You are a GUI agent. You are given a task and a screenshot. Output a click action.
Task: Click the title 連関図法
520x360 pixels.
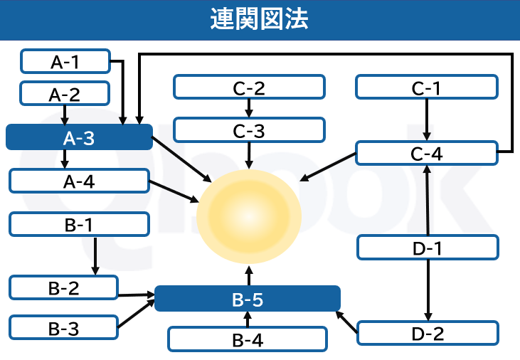pos(260,19)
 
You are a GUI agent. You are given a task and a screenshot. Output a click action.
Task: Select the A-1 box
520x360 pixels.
pos(65,61)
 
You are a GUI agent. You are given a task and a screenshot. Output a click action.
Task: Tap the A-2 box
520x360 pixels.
pos(64,93)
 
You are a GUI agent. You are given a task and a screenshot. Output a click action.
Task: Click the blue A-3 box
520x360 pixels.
pos(79,137)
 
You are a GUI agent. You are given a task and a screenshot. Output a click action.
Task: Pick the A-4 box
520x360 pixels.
pos(79,181)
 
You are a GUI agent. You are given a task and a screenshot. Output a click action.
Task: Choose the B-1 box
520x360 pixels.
pos(79,224)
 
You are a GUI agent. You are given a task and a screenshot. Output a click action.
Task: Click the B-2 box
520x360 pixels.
pos(63,287)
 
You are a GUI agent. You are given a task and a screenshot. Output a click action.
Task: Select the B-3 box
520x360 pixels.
pos(63,327)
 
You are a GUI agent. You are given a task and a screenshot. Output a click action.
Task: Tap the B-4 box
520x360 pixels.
pos(247,339)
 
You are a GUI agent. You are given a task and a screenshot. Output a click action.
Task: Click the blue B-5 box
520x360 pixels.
pos(247,299)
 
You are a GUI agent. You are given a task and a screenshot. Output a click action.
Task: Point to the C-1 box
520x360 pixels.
pos(426,88)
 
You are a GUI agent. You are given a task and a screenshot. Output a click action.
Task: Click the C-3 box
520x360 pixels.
pos(249,129)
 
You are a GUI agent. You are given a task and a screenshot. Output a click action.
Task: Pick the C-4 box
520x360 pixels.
pos(426,153)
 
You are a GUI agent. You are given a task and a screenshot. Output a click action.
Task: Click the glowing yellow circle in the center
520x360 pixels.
pos(249,217)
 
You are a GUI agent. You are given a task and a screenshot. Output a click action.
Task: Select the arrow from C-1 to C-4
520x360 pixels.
pos(426,120)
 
